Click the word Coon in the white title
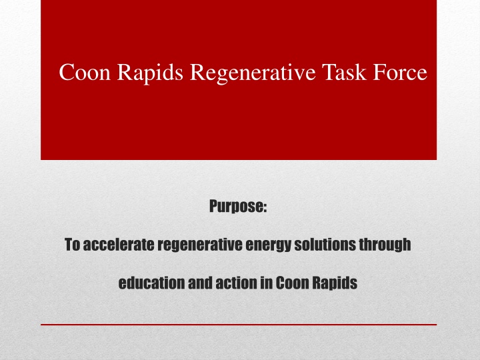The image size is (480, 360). click(x=85, y=72)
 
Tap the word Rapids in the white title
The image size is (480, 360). click(x=150, y=73)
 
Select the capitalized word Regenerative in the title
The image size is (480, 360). click(x=253, y=73)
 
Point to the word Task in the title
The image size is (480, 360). click(x=344, y=72)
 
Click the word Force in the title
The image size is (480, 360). click(x=400, y=72)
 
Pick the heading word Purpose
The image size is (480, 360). click(x=236, y=206)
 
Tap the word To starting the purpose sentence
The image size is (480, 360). click(x=72, y=245)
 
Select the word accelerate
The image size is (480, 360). click(x=119, y=245)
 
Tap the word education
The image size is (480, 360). click(x=151, y=283)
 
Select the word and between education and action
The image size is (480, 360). click(x=200, y=283)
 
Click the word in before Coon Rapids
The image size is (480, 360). click(x=267, y=283)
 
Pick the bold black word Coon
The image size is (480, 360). click(x=293, y=283)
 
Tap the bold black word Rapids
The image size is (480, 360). click(x=335, y=283)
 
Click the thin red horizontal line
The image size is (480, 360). click(x=239, y=324)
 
